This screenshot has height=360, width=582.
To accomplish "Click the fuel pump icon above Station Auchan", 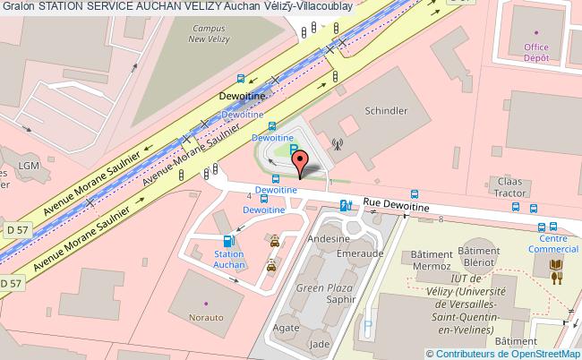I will pos(230,239).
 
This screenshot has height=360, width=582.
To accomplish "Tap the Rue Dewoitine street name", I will pos(396,206).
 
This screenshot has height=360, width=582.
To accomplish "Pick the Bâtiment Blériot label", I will pos(478,258).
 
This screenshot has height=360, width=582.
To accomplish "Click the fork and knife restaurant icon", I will pos(558,279).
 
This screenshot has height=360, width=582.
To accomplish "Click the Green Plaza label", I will pos(325,288).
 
